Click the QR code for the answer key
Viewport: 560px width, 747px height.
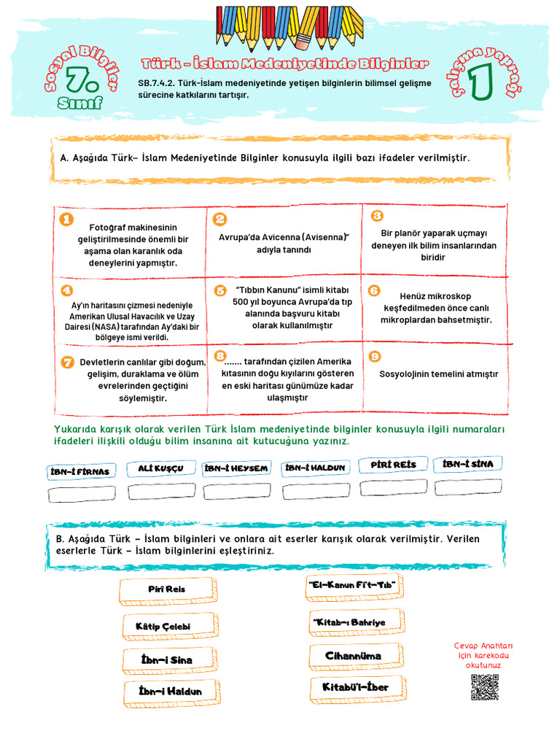(x=484, y=687)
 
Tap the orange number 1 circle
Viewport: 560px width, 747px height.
(x=66, y=219)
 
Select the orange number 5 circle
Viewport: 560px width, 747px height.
(x=220, y=290)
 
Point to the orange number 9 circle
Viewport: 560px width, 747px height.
(x=375, y=357)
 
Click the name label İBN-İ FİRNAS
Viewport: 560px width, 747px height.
(x=80, y=471)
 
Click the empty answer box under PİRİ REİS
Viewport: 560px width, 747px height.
(x=394, y=487)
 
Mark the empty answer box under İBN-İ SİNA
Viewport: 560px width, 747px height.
(x=468, y=487)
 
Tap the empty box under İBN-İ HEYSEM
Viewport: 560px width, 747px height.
(x=237, y=491)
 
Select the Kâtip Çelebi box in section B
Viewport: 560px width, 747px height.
(x=168, y=626)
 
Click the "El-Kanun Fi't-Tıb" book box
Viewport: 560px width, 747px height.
(x=354, y=585)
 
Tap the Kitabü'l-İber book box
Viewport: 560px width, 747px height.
(x=357, y=687)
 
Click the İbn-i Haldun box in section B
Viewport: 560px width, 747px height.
(x=170, y=691)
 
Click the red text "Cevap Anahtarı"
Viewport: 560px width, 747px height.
(x=483, y=646)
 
